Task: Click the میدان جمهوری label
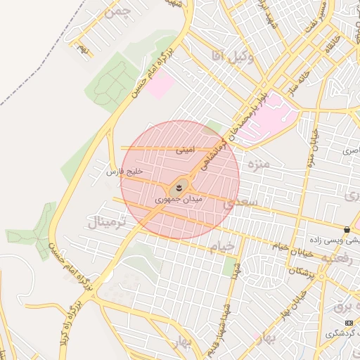[179, 200]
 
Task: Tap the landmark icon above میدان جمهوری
[179, 188]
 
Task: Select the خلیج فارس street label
[124, 172]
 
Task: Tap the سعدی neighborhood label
[241, 202]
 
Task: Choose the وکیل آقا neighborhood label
[232, 56]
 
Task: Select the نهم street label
[84, 49]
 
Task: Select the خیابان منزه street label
[309, 148]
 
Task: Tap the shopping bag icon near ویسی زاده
[347, 230]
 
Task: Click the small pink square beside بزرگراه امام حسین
[162, 86]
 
